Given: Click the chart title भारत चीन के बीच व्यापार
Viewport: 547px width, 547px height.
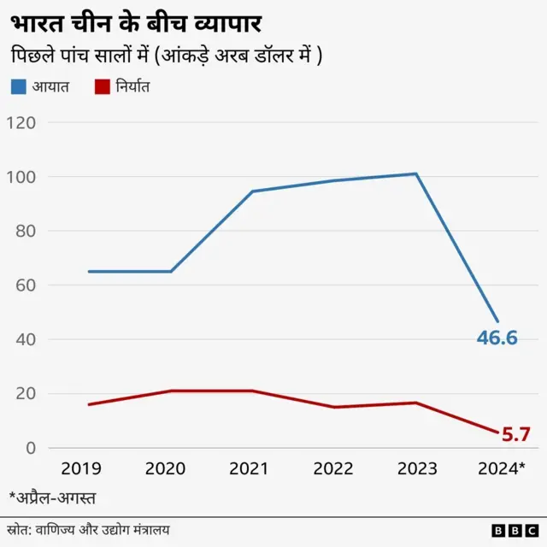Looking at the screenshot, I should pyautogui.click(x=137, y=22).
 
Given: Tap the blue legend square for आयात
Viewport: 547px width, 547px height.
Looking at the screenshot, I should pyautogui.click(x=19, y=86).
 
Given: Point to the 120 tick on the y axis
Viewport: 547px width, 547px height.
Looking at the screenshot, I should pyautogui.click(x=21, y=122).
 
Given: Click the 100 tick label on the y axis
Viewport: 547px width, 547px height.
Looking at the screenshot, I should pyautogui.click(x=21, y=177).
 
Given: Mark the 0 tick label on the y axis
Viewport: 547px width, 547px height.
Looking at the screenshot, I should pyautogui.click(x=30, y=448).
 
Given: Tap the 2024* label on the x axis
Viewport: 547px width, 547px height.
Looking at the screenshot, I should pyautogui.click(x=500, y=469).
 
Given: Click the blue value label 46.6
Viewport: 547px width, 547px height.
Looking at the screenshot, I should pyautogui.click(x=497, y=338).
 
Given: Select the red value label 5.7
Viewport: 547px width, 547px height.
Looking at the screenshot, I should pyautogui.click(x=516, y=435).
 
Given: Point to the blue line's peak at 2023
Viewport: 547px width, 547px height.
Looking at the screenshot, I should pyautogui.click(x=416, y=174).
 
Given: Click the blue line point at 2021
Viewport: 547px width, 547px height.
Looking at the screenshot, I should pyautogui.click(x=252, y=191).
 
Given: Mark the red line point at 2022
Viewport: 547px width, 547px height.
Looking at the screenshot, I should pyautogui.click(x=334, y=407).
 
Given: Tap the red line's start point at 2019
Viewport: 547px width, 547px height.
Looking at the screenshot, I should pyautogui.click(x=88, y=404).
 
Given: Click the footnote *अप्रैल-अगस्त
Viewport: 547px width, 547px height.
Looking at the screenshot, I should pyautogui.click(x=52, y=497).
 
